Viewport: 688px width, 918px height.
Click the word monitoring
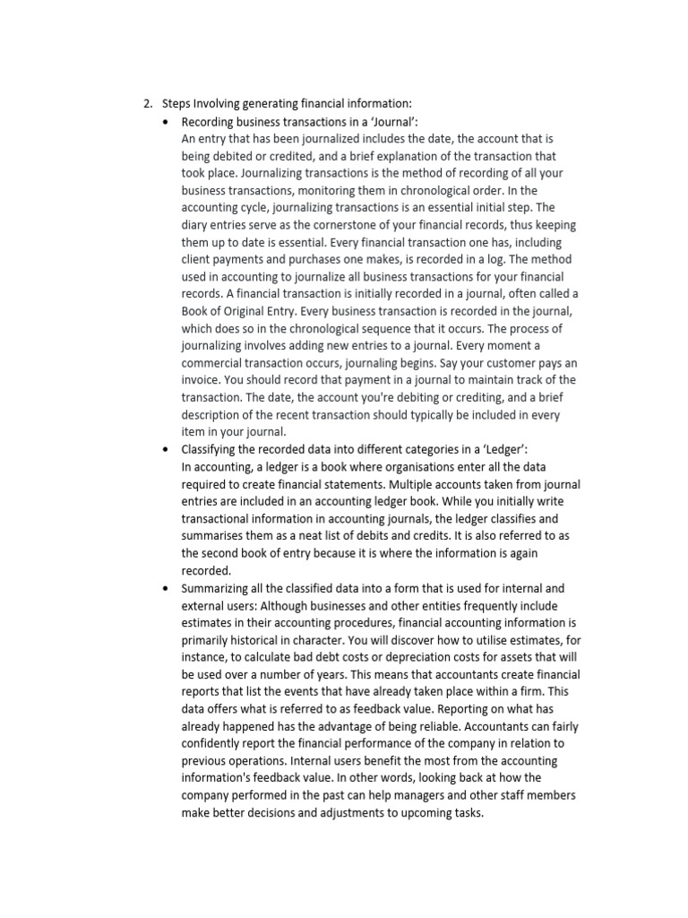coord(357,190)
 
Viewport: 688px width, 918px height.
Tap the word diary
coord(195,224)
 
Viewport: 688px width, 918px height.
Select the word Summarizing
coord(220,588)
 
